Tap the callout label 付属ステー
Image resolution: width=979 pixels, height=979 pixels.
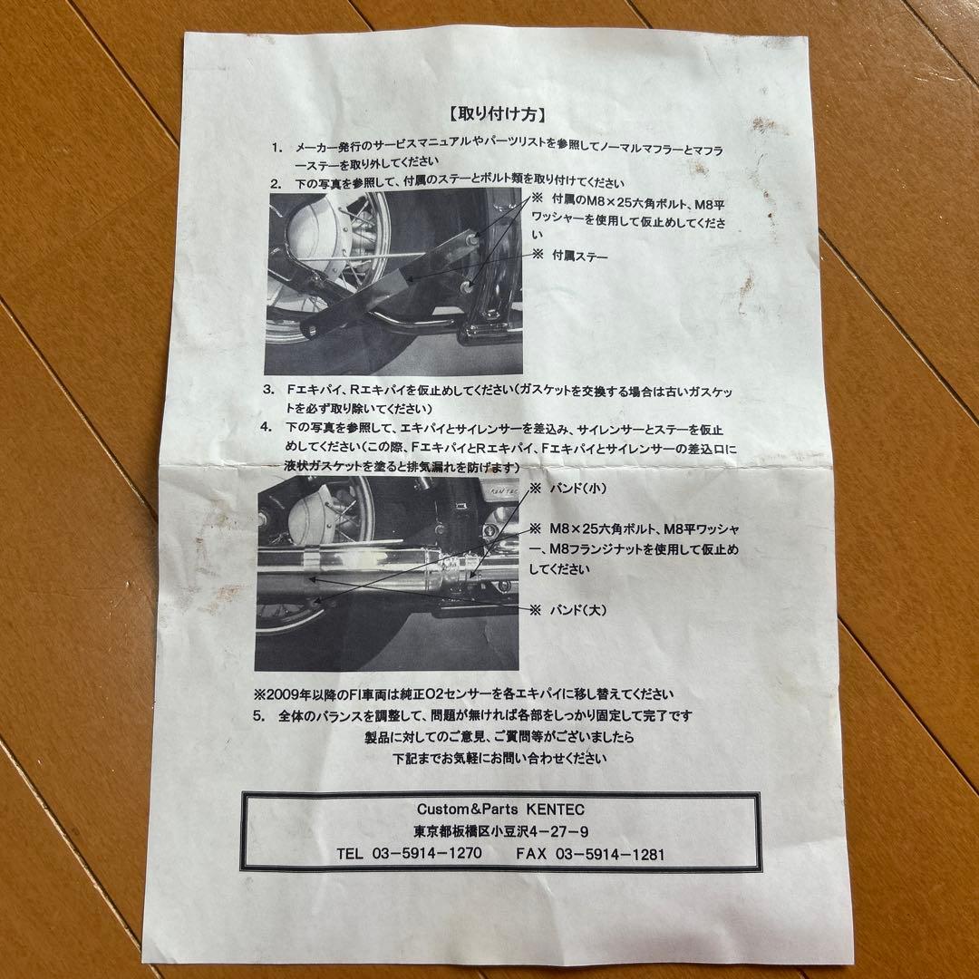point(579,257)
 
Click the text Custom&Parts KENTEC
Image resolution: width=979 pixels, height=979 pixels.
point(502,808)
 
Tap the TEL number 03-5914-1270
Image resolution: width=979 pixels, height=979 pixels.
point(424,854)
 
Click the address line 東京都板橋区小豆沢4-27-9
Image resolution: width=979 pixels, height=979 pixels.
point(502,831)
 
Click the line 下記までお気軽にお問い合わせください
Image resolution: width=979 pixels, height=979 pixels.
point(499,758)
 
